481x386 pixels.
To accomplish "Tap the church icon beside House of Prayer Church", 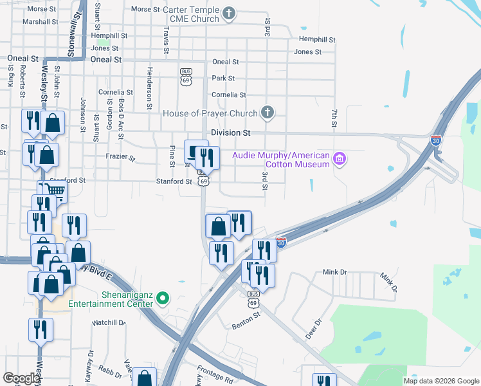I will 268,113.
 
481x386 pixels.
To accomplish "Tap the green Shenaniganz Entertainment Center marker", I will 163,297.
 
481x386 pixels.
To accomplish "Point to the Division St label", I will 231,133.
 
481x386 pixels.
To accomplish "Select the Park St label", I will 223,78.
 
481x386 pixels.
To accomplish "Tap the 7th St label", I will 334,118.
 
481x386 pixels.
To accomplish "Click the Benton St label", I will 246,320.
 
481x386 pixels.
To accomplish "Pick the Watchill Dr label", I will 109,322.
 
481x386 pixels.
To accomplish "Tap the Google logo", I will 21,378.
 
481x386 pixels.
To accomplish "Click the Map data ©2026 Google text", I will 440,381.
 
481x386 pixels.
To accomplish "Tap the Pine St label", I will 172,156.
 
